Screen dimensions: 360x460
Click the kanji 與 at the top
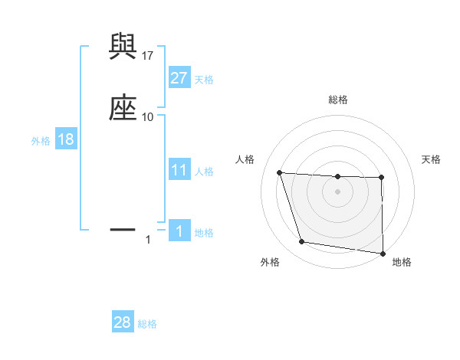click(x=123, y=48)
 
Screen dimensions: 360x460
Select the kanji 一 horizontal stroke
click(x=123, y=228)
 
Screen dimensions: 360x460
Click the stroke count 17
click(x=148, y=56)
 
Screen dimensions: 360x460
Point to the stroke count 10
click(x=148, y=116)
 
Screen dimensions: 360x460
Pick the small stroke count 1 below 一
click(x=148, y=240)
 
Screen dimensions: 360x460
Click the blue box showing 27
click(x=179, y=78)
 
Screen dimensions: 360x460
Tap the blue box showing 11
click(x=179, y=170)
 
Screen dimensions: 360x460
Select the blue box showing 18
click(x=65, y=139)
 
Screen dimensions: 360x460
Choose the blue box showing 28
click(x=123, y=322)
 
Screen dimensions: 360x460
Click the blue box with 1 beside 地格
click(x=179, y=231)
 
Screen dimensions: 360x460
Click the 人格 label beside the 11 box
click(x=204, y=172)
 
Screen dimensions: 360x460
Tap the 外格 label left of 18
click(x=40, y=141)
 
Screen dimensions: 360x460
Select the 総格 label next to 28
click(x=147, y=324)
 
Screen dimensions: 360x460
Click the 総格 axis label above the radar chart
click(x=338, y=100)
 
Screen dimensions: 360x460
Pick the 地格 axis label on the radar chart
click(x=402, y=262)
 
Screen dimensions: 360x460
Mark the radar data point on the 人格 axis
click(x=280, y=173)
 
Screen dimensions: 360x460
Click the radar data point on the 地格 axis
click(x=383, y=253)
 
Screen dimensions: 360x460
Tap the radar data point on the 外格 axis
click(x=302, y=242)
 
